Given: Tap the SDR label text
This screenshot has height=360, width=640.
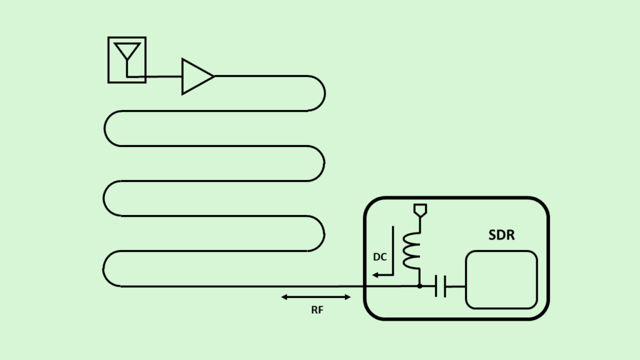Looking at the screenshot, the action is pyautogui.click(x=501, y=235).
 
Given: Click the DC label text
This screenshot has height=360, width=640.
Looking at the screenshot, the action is pyautogui.click(x=379, y=257).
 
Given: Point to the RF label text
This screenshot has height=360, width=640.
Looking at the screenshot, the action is pyautogui.click(x=317, y=310).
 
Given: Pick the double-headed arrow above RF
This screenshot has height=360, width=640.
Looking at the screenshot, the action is pyautogui.click(x=316, y=297).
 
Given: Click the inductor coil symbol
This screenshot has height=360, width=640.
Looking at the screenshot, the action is pyautogui.click(x=411, y=251).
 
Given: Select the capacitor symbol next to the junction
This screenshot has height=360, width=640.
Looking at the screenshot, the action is pyautogui.click(x=441, y=286).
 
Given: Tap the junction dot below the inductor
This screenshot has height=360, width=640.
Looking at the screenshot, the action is pyautogui.click(x=419, y=286).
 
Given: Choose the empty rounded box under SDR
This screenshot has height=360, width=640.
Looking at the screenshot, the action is pyautogui.click(x=501, y=280).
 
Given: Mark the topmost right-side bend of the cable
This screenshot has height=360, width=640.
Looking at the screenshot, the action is pyautogui.click(x=325, y=94).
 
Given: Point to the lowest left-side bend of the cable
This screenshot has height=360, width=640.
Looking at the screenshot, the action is pyautogui.click(x=103, y=269).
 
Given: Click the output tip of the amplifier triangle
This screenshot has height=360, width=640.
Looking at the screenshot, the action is pyautogui.click(x=214, y=76).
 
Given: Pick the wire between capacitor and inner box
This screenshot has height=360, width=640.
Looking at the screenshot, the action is pyautogui.click(x=456, y=286).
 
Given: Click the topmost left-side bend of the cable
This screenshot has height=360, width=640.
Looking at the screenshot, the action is pyautogui.click(x=104, y=129).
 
